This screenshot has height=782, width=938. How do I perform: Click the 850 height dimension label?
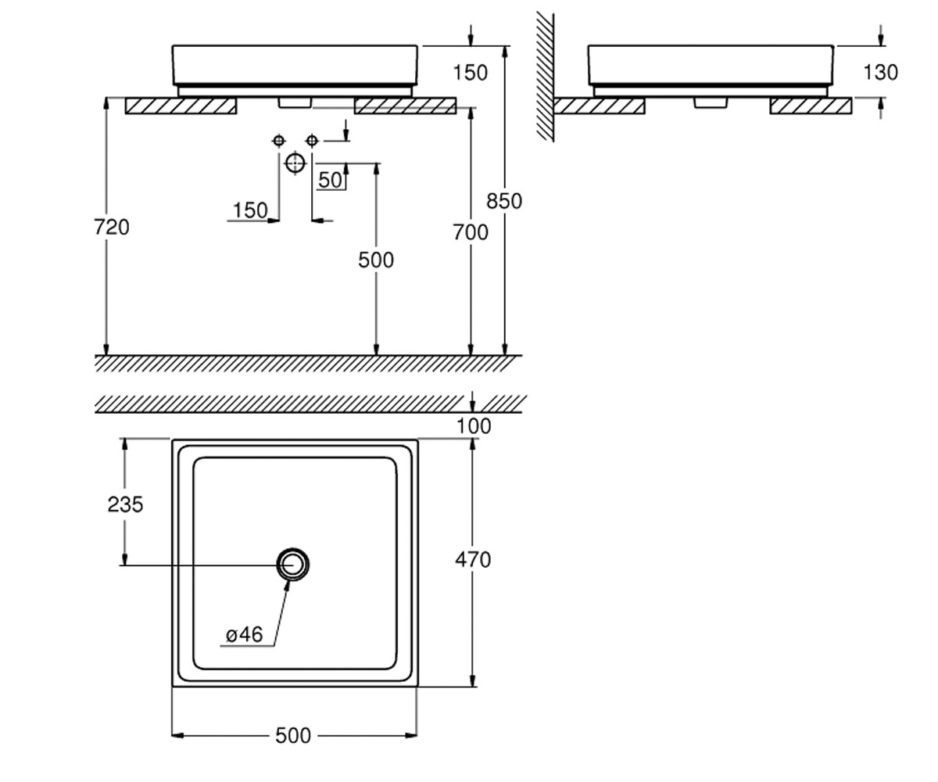pos(504,201)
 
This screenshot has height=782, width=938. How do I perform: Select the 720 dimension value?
pos(112,227)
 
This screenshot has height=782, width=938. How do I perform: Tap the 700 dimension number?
pos(471,232)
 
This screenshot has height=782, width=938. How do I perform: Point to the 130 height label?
pos(880,73)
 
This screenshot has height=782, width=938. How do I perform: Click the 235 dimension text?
pos(125,504)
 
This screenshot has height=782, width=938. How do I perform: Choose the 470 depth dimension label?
pos(473,560)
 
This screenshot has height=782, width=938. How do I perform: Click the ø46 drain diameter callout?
pos(244,634)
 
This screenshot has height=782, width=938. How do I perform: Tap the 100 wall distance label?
pos(474,426)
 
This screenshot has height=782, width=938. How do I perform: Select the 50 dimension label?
pos(330,180)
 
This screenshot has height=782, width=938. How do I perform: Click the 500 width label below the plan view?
pos(293,736)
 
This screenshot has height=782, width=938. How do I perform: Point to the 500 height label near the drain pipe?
pos(376,260)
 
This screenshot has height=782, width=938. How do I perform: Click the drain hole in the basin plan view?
pos(293,565)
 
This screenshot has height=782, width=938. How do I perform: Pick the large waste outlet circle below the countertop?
pos(295,163)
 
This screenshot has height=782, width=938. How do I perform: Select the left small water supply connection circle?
pos(278,141)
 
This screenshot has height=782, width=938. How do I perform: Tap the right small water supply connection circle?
pos(312,141)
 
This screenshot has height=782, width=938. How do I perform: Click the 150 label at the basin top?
pos(470,73)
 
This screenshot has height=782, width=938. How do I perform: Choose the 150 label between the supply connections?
pos(250,210)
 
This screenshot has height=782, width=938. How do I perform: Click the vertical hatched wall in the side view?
pos(546,77)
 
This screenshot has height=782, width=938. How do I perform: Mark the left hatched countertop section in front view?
pos(181,106)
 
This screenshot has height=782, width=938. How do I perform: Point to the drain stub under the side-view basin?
pos(711,103)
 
